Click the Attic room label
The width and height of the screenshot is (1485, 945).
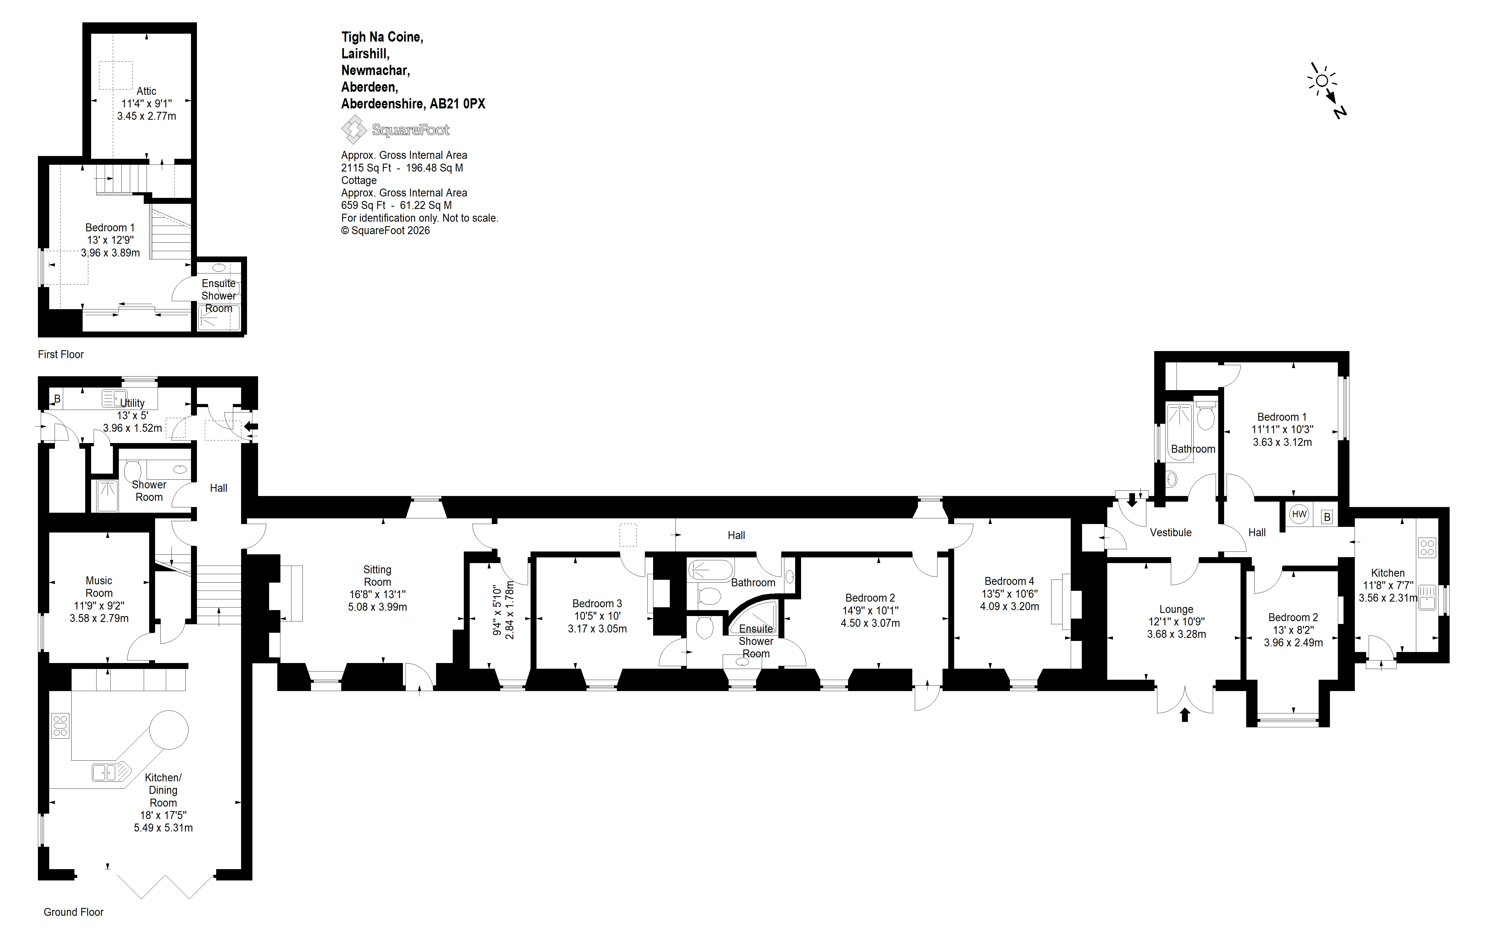pyautogui.click(x=147, y=91)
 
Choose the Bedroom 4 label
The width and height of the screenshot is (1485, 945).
pyautogui.click(x=1010, y=581)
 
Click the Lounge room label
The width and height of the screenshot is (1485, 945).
pyautogui.click(x=1176, y=610)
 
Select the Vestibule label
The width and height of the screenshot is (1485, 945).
pyautogui.click(x=1171, y=532)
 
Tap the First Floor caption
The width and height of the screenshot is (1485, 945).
pyautogui.click(x=61, y=354)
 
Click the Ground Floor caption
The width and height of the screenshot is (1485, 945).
pyautogui.click(x=73, y=912)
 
